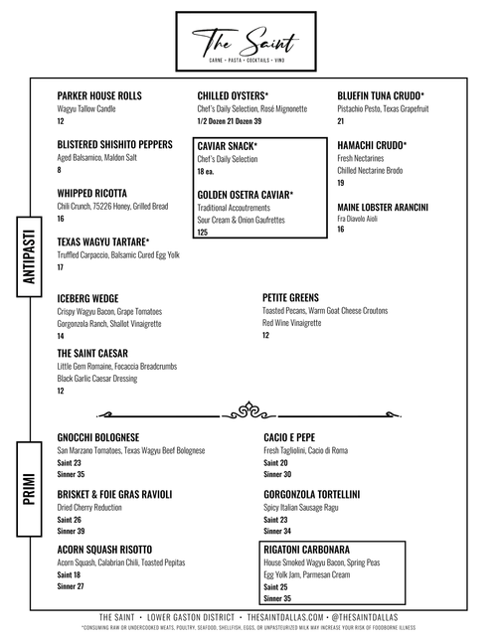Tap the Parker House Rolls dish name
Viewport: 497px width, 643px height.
click(x=99, y=95)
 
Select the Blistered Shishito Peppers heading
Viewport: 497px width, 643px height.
click(x=115, y=144)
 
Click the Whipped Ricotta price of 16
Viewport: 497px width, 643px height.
click(x=61, y=219)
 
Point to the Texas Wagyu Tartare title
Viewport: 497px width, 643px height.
click(x=103, y=241)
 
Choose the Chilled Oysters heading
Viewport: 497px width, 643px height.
click(x=233, y=95)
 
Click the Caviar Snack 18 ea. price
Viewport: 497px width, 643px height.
click(x=207, y=172)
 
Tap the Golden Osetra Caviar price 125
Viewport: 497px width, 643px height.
click(x=203, y=232)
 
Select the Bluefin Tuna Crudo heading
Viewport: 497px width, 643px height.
click(x=383, y=95)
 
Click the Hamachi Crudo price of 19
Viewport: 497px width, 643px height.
click(x=340, y=183)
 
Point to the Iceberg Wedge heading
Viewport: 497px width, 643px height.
click(x=88, y=297)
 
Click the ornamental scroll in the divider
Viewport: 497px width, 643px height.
click(x=248, y=408)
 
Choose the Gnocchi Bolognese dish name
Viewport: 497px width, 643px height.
click(x=98, y=437)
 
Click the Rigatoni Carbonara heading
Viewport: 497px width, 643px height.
click(x=307, y=550)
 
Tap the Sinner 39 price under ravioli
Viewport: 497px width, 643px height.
click(x=71, y=531)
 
